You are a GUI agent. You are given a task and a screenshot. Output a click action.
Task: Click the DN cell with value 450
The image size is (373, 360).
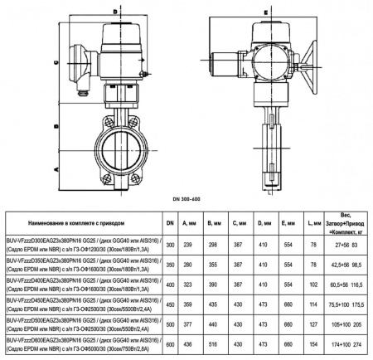coord(170,304)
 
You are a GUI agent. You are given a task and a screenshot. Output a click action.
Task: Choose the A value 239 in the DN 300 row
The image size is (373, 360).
coord(187,245)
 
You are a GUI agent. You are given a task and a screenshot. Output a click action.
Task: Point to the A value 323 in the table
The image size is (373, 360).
coord(187,284)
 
